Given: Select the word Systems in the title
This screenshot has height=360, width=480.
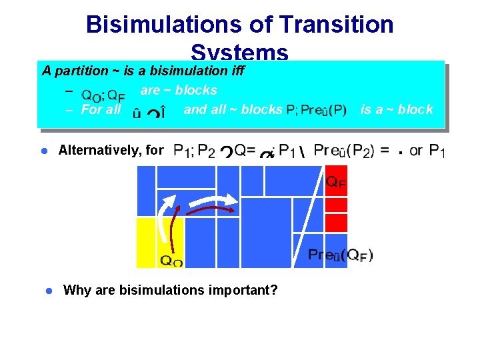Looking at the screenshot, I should [239, 53].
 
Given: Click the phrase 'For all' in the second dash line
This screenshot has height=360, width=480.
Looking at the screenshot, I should [101, 109].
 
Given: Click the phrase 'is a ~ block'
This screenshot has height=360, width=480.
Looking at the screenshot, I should [397, 109].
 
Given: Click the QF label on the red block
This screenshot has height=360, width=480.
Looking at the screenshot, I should [335, 181].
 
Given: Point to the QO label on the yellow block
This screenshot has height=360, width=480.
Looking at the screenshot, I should [171, 261].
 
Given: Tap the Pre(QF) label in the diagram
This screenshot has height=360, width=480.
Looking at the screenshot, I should [340, 255].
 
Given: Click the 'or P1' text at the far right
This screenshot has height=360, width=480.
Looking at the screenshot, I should [427, 151].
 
